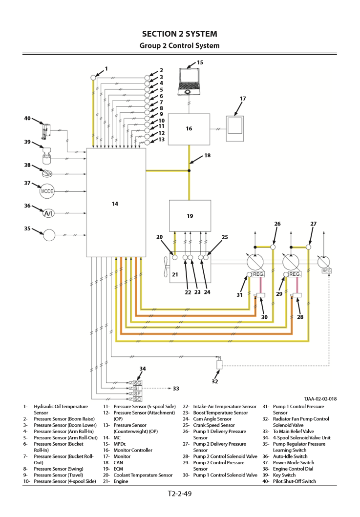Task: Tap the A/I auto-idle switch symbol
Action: [48, 213]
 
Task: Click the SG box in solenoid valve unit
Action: [137, 383]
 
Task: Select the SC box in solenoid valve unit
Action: [137, 399]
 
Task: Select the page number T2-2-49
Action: [180, 494]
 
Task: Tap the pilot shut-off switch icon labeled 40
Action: [45, 130]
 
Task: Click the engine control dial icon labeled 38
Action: [48, 173]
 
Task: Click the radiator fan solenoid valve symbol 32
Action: [219, 364]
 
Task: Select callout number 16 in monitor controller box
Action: [189, 128]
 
